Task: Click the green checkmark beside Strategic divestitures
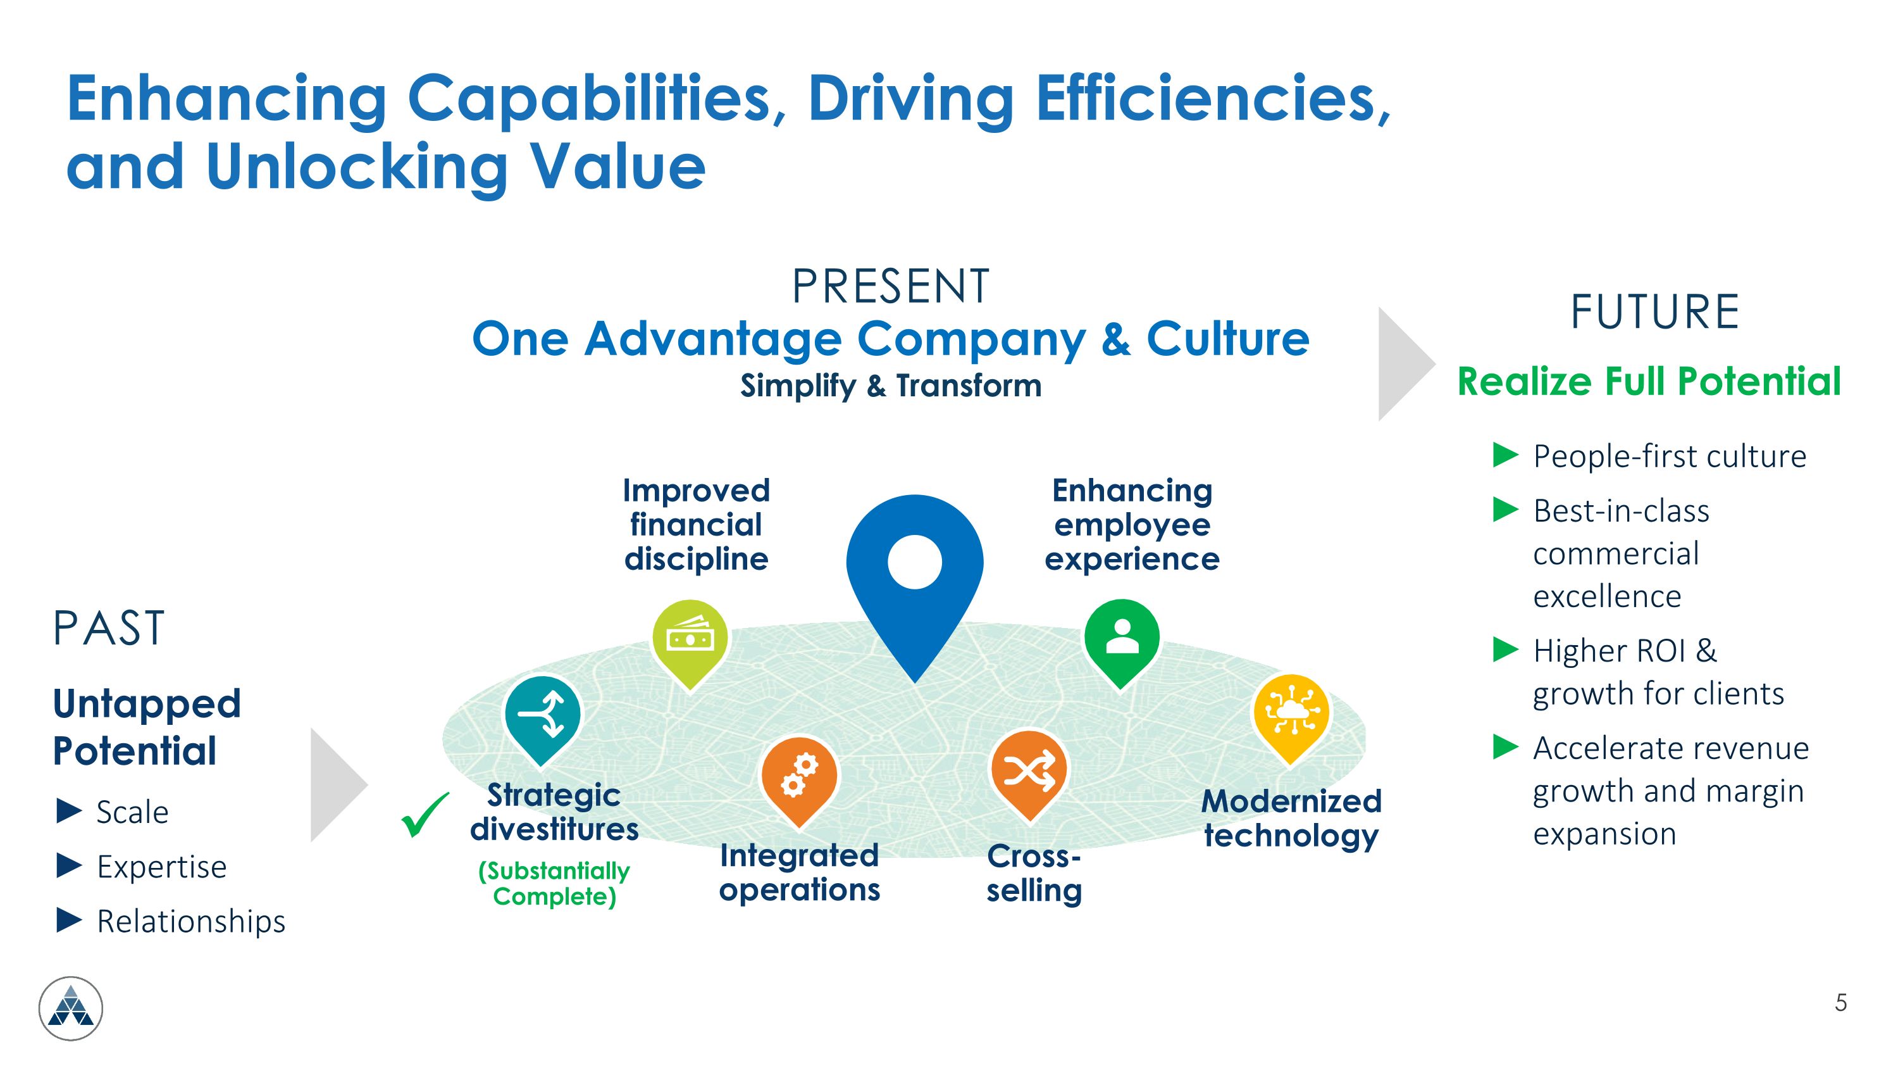coord(425,815)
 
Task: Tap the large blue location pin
coord(914,582)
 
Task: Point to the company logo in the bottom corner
coord(71,1008)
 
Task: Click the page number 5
coord(1840,1002)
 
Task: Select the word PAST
coord(108,629)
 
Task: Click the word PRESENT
coord(891,286)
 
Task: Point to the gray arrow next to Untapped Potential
coord(339,785)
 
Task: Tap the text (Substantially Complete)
coord(554,883)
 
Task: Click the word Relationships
coord(191,921)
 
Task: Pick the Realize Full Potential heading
coord(1649,381)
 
